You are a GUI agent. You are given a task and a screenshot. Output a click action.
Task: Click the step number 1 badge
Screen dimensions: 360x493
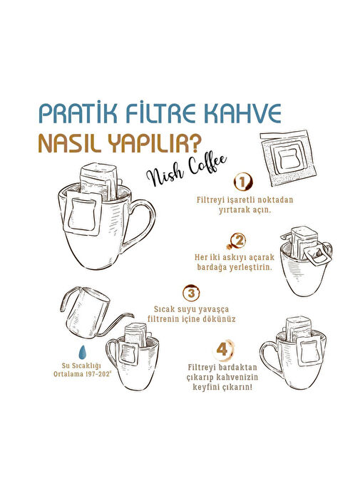[242, 182]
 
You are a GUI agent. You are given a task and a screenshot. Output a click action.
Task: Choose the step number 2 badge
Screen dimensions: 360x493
[238, 241]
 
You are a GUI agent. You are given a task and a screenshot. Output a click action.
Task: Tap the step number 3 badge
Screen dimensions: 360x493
[191, 293]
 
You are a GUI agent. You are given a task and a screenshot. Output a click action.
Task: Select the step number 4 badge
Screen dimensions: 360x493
[223, 349]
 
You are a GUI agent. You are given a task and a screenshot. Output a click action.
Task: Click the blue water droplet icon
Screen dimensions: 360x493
[83, 352]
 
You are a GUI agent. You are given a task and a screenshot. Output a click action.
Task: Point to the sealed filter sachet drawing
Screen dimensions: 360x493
[288, 157]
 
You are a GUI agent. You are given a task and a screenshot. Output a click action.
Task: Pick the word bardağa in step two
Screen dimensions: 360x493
[210, 267]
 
